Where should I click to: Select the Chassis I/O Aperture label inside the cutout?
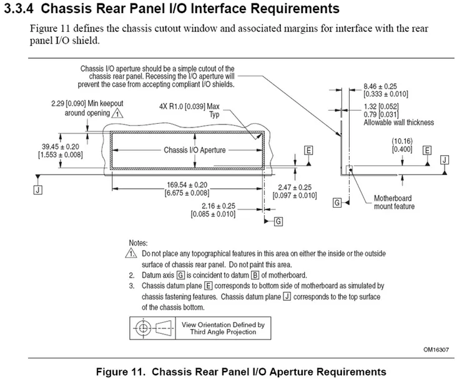point(194,150)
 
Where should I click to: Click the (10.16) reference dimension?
point(403,141)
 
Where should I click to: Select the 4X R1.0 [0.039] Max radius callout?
point(192,106)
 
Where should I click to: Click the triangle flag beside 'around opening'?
point(117,113)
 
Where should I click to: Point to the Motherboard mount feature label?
point(393,201)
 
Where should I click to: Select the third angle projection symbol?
point(154,328)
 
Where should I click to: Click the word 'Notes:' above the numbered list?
point(139,242)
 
